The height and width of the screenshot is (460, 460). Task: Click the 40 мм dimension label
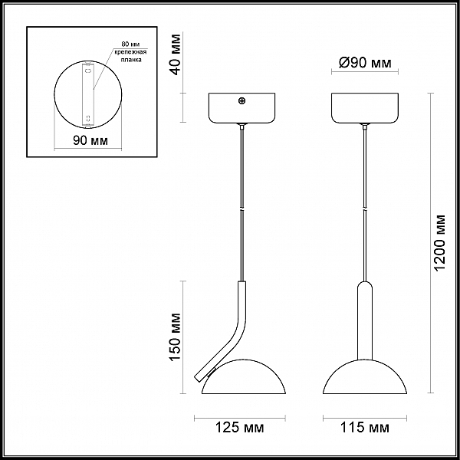(x=176, y=54)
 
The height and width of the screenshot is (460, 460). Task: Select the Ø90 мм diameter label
(x=365, y=63)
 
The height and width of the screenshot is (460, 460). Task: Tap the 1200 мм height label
(x=440, y=243)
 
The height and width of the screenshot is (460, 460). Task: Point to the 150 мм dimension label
(x=176, y=337)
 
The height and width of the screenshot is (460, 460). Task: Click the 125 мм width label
(x=240, y=428)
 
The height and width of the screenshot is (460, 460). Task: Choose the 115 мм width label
(x=365, y=428)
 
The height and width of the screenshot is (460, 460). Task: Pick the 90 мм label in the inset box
(x=90, y=140)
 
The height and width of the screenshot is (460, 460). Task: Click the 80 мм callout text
(x=130, y=44)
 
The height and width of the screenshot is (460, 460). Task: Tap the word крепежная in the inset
(x=130, y=52)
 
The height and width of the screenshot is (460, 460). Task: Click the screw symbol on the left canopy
(x=242, y=101)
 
